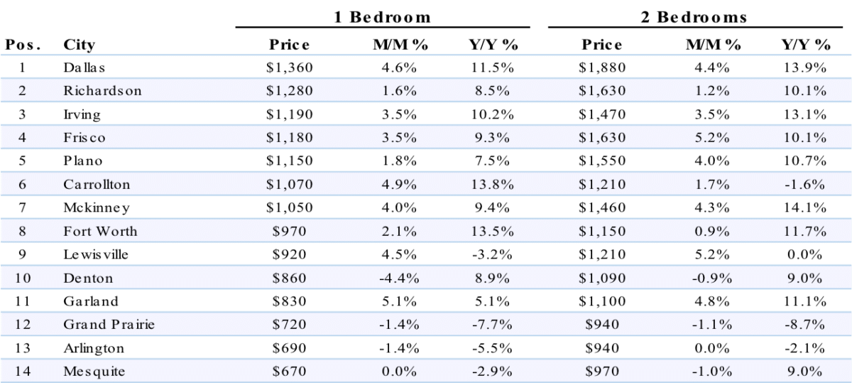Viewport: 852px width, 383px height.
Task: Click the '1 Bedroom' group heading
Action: [x=382, y=17]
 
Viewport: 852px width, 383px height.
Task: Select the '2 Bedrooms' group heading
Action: [x=694, y=17]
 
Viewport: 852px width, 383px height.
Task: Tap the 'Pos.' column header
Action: [x=23, y=45]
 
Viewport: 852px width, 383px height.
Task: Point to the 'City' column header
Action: [x=79, y=45]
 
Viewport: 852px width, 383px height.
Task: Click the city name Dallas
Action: [x=84, y=68]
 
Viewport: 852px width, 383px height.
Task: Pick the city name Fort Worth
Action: [x=100, y=231]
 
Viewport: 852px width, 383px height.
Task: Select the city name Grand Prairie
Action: [x=109, y=324]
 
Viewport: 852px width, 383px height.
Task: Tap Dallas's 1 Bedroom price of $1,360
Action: [x=290, y=68]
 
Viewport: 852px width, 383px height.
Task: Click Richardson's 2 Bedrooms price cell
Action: [x=602, y=91]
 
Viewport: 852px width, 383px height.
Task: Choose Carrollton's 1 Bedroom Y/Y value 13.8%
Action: [x=493, y=185]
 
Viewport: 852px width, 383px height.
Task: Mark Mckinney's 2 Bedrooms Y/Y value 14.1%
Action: [x=805, y=208]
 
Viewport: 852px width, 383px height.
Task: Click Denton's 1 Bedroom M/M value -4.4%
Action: [x=399, y=279]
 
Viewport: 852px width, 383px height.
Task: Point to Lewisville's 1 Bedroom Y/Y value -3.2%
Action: [x=492, y=254]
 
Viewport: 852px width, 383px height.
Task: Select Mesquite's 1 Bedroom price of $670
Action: [x=290, y=371]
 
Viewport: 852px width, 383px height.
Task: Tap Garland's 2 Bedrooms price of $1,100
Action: [x=602, y=301]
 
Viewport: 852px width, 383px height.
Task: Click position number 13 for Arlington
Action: [x=23, y=348]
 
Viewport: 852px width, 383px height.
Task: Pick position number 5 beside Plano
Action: [x=23, y=161]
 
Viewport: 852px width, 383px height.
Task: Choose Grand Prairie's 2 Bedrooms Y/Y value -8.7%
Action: [x=805, y=325]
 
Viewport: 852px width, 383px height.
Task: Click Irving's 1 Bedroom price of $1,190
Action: [x=290, y=114]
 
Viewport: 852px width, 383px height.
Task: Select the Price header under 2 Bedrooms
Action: [x=602, y=45]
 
